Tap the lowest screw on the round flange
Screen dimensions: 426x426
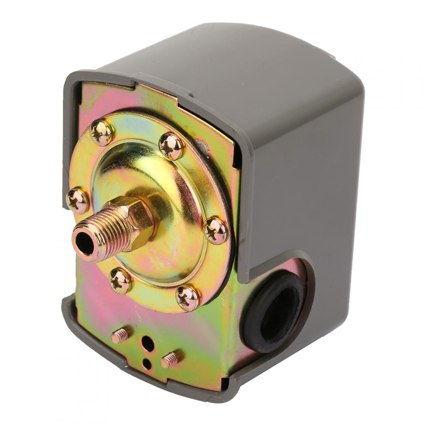[188, 297]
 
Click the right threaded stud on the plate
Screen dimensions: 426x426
[170, 359]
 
